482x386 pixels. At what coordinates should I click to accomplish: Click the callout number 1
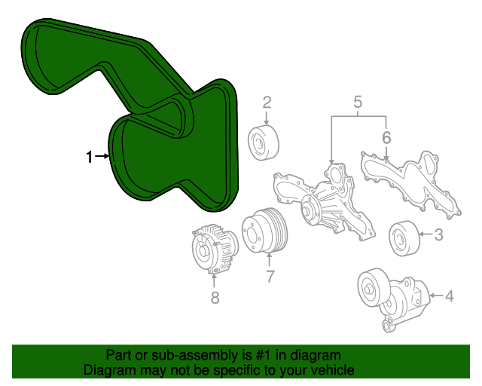89,157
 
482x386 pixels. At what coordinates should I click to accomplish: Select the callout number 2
267,103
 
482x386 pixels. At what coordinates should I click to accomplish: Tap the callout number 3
438,235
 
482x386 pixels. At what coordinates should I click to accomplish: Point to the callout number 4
450,296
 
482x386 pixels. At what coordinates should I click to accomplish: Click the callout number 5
358,102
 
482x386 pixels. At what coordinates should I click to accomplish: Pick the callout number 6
386,138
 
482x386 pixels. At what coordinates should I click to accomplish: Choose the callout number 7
270,276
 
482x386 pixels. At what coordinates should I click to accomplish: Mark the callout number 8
215,298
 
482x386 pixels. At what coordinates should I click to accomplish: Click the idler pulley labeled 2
264,141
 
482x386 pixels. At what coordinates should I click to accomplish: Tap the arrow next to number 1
102,157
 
